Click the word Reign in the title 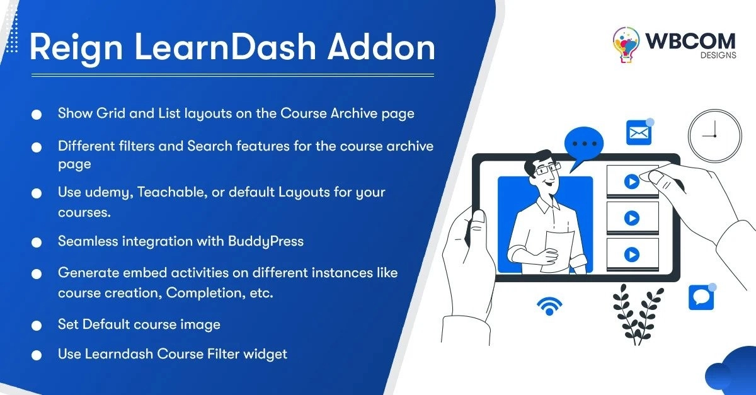76,49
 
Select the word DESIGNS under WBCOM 718,55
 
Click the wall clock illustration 715,135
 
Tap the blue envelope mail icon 639,132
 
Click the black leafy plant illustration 637,314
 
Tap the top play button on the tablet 632,181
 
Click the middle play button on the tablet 632,218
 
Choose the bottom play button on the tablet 632,255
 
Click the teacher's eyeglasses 547,168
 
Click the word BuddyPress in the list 266,242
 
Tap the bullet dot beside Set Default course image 37,326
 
